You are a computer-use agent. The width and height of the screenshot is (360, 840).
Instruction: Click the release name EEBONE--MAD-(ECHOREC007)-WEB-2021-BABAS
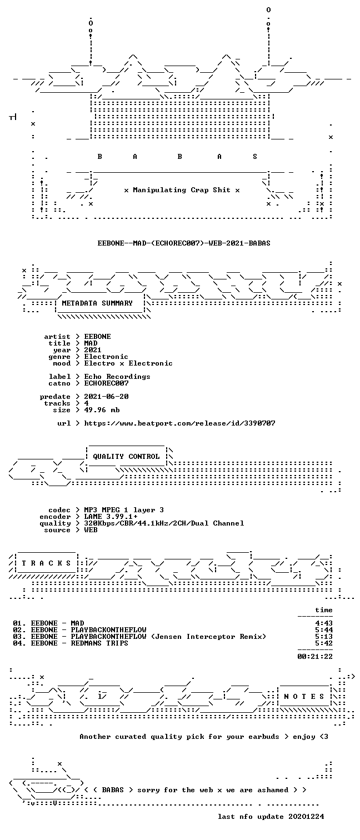184,243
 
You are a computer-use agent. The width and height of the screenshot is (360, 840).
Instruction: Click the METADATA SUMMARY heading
97,303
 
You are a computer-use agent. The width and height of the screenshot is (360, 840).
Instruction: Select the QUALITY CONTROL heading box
126,456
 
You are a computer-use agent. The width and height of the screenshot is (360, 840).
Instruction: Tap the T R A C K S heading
46,563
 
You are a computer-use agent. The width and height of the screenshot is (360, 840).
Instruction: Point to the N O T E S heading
304,696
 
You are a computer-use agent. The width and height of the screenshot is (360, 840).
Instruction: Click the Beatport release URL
179,423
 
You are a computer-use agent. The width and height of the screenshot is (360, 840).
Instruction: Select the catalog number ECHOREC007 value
106,383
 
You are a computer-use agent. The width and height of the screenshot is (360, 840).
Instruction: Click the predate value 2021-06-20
106,396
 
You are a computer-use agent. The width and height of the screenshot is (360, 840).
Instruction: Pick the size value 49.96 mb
102,410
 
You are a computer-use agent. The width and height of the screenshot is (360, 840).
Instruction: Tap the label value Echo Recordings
117,377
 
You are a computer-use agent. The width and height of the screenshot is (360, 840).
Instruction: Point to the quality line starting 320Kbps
164,523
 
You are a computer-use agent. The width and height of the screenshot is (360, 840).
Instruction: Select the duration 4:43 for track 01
324,623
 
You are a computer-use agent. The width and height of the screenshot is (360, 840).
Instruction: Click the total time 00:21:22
315,657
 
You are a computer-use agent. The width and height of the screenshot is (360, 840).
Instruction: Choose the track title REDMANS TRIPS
99,643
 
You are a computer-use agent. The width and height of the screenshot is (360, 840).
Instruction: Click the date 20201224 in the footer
306,816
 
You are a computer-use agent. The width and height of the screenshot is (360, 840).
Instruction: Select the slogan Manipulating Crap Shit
182,190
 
